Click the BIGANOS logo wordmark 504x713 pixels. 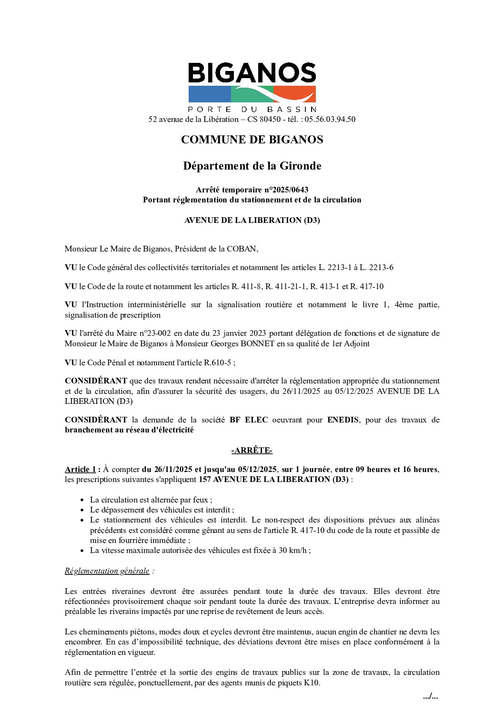[x=252, y=73]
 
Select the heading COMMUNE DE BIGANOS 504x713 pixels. [x=252, y=140]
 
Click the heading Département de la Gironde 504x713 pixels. [x=252, y=166]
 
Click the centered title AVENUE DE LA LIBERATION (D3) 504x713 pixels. [x=252, y=220]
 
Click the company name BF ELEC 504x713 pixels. [x=249, y=420]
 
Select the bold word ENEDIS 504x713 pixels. [x=343, y=420]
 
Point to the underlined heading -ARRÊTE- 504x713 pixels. [x=252, y=450]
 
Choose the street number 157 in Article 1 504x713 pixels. [x=205, y=479]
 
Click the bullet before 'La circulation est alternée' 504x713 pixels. [x=83, y=500]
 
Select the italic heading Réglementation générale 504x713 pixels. [x=107, y=571]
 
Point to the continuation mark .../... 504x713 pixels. [x=430, y=696]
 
